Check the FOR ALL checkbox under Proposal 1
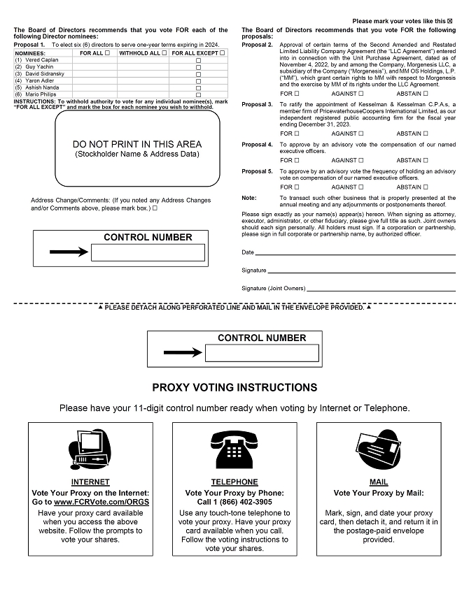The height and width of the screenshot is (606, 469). (107, 52)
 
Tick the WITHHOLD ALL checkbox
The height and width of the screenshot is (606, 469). (164, 52)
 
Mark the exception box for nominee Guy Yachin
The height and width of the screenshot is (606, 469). (198, 68)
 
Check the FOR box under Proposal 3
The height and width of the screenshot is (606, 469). (297, 134)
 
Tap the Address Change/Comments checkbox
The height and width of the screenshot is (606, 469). (155, 208)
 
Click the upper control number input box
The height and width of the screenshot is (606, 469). (148, 252)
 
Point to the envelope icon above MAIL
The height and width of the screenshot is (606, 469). (379, 450)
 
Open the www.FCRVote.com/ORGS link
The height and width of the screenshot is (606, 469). (101, 503)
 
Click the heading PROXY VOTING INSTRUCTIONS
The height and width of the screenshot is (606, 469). (234, 387)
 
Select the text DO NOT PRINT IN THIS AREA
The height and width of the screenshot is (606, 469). (137, 144)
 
